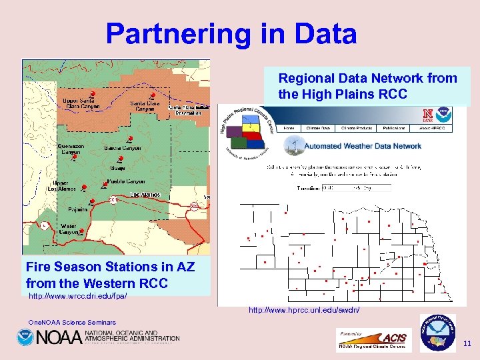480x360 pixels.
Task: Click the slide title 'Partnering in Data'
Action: [231, 33]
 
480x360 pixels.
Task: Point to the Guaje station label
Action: [117, 168]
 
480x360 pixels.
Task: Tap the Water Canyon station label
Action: [69, 229]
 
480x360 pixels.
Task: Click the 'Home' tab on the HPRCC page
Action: [289, 127]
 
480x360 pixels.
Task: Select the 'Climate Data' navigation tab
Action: [317, 127]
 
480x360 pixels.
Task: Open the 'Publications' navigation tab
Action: [393, 127]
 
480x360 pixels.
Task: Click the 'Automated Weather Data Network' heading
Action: [363, 146]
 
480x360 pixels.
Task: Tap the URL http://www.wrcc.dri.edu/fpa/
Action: [77, 295]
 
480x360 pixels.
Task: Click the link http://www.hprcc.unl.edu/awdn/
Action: [304, 310]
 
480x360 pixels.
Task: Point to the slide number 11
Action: [467, 343]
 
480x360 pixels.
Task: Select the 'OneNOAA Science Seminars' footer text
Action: [72, 323]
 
